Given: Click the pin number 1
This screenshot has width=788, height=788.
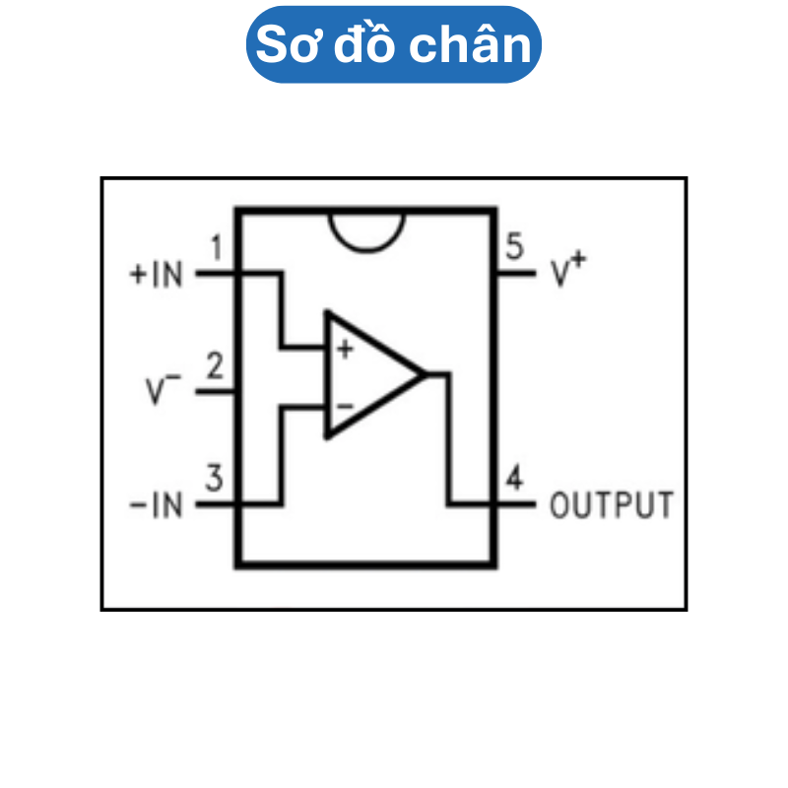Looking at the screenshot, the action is point(217,246).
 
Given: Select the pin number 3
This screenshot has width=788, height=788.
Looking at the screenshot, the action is point(215,481).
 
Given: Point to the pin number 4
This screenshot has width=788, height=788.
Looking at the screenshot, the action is point(513,480).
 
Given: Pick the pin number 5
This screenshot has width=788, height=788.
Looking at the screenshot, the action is point(513,246).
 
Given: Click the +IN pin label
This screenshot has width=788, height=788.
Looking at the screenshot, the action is point(157,274).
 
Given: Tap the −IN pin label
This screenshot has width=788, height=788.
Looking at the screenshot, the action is point(157,506).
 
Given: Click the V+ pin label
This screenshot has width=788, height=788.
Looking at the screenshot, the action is point(567,272).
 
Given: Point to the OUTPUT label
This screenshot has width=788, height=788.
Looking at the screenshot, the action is point(612,505).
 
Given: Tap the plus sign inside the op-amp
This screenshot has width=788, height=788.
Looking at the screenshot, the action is point(344,350).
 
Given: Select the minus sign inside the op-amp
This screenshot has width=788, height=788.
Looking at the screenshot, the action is point(344,405).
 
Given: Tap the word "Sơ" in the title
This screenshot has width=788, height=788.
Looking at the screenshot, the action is point(287,45).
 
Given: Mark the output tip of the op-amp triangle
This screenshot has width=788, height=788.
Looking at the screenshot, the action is point(424,374).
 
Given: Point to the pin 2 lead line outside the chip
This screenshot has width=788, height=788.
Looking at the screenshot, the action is point(215,391).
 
